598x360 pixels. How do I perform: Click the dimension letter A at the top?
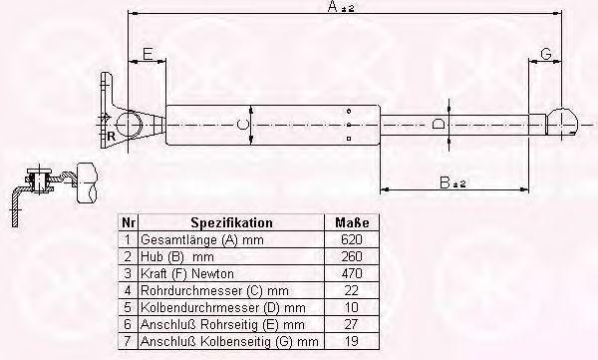tap(333, 6)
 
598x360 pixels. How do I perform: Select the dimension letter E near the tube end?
tap(148, 54)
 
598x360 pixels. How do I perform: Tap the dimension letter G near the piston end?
tap(546, 54)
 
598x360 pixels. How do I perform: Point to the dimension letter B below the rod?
tap(445, 182)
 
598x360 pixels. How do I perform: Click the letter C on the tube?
tap(242, 125)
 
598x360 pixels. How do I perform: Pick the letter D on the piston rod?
tap(439, 124)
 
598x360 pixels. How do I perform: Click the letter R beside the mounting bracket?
tap(111, 137)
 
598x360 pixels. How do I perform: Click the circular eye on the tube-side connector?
tap(130, 125)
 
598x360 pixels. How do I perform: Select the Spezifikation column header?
tap(231, 222)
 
